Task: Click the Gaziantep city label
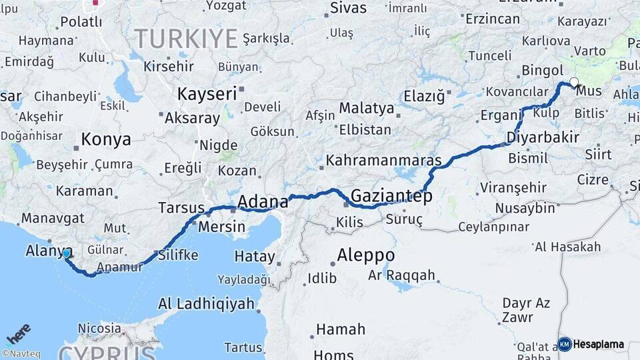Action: (391, 197)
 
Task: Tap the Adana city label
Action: (263, 201)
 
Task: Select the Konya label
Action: (106, 139)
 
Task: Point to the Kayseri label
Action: (207, 94)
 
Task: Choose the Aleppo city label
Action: (365, 255)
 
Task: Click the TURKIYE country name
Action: (186, 39)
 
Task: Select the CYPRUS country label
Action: (107, 351)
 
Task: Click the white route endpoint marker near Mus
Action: (574, 83)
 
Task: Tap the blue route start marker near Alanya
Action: (67, 253)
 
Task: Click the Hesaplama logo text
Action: (599, 345)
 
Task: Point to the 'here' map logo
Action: (19, 334)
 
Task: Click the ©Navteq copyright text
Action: (20, 354)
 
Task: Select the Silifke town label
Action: (177, 255)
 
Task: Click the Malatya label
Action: (366, 107)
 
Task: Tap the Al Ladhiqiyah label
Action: (206, 304)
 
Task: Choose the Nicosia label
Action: (99, 328)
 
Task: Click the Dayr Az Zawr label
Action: (526, 309)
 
